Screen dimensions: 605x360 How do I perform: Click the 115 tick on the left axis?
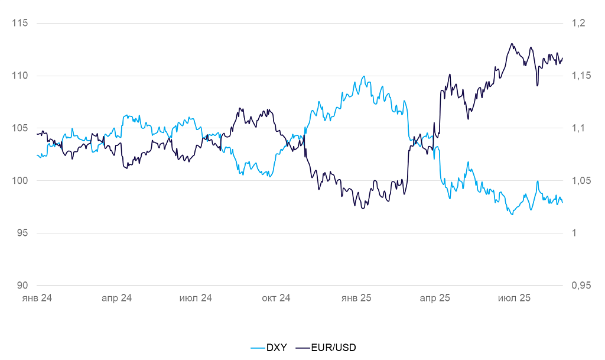pos(20,23)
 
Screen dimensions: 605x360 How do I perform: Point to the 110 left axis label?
pos(20,76)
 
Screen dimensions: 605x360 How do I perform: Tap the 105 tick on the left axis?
pos(20,128)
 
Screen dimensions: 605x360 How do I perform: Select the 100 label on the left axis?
pos(20,180)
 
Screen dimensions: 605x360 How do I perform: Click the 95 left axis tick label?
pos(22,233)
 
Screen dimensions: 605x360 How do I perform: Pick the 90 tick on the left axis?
pos(22,286)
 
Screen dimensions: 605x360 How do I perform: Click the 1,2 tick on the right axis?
pos(578,23)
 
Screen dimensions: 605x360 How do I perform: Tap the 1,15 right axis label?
pos(581,76)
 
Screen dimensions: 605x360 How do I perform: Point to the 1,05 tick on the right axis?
pos(581,180)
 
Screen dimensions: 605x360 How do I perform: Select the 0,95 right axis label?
pos(581,286)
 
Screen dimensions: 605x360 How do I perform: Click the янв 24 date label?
pos(37,299)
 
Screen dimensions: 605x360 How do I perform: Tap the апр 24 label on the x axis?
pos(117,299)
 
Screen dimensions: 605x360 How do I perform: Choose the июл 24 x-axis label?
pos(196,299)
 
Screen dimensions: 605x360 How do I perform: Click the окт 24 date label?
pos(277,299)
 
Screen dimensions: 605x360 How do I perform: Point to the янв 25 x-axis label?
pos(356,299)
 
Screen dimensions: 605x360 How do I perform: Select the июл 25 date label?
pos(515,299)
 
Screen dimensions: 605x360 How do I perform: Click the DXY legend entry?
pos(269,348)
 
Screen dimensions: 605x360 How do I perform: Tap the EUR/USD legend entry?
pos(326,348)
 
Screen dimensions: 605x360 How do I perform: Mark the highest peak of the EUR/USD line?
pos(512,44)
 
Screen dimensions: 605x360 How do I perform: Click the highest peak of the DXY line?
pos(364,76)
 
